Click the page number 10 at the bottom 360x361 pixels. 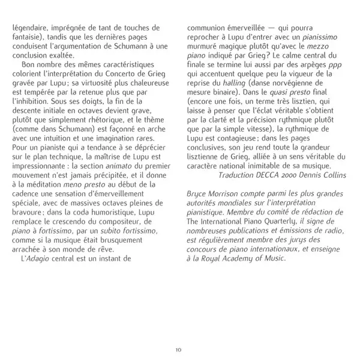[x=178, y=350]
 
